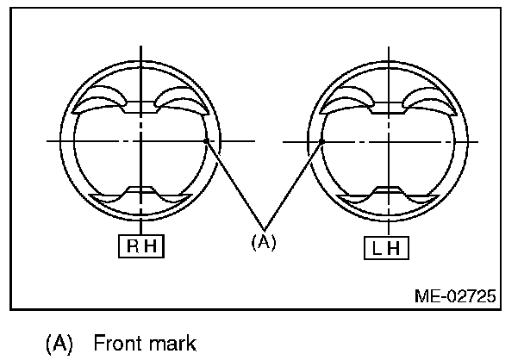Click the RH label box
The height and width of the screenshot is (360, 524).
[x=140, y=246]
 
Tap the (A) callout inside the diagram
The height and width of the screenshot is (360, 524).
[x=263, y=242]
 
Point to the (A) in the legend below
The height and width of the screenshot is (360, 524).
[x=59, y=344]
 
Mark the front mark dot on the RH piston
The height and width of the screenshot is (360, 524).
[x=205, y=140]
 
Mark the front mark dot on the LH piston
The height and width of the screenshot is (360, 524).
[x=321, y=140]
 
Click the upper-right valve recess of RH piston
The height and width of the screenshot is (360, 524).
[x=182, y=102]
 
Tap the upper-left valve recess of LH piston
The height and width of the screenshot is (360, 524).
[x=344, y=102]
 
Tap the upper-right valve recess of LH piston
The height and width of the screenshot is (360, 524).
[x=428, y=102]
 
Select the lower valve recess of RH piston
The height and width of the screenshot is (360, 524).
[x=140, y=195]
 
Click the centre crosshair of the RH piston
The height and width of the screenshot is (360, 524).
[x=140, y=140]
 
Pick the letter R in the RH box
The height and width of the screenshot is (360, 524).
[x=133, y=246]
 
